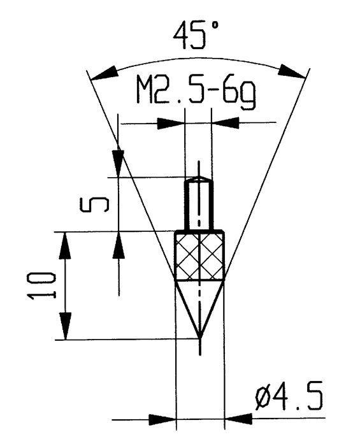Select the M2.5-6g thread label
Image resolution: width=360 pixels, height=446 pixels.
[x=196, y=94]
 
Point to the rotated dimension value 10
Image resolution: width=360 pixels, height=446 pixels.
[x=44, y=285]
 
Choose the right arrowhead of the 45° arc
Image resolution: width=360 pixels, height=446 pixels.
[x=291, y=71]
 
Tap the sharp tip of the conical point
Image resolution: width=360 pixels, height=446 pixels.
[x=199, y=336]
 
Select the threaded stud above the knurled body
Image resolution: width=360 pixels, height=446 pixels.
[x=198, y=204]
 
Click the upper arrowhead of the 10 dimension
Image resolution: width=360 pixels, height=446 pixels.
[x=64, y=245]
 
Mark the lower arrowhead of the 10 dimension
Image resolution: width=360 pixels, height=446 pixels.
[x=64, y=328]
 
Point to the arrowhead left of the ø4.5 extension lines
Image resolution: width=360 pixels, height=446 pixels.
[x=162, y=420]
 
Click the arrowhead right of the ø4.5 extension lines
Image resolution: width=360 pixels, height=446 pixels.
[x=237, y=420]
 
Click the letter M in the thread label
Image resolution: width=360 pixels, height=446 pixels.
[x=147, y=94]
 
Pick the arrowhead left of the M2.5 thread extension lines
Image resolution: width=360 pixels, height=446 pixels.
[x=171, y=123]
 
